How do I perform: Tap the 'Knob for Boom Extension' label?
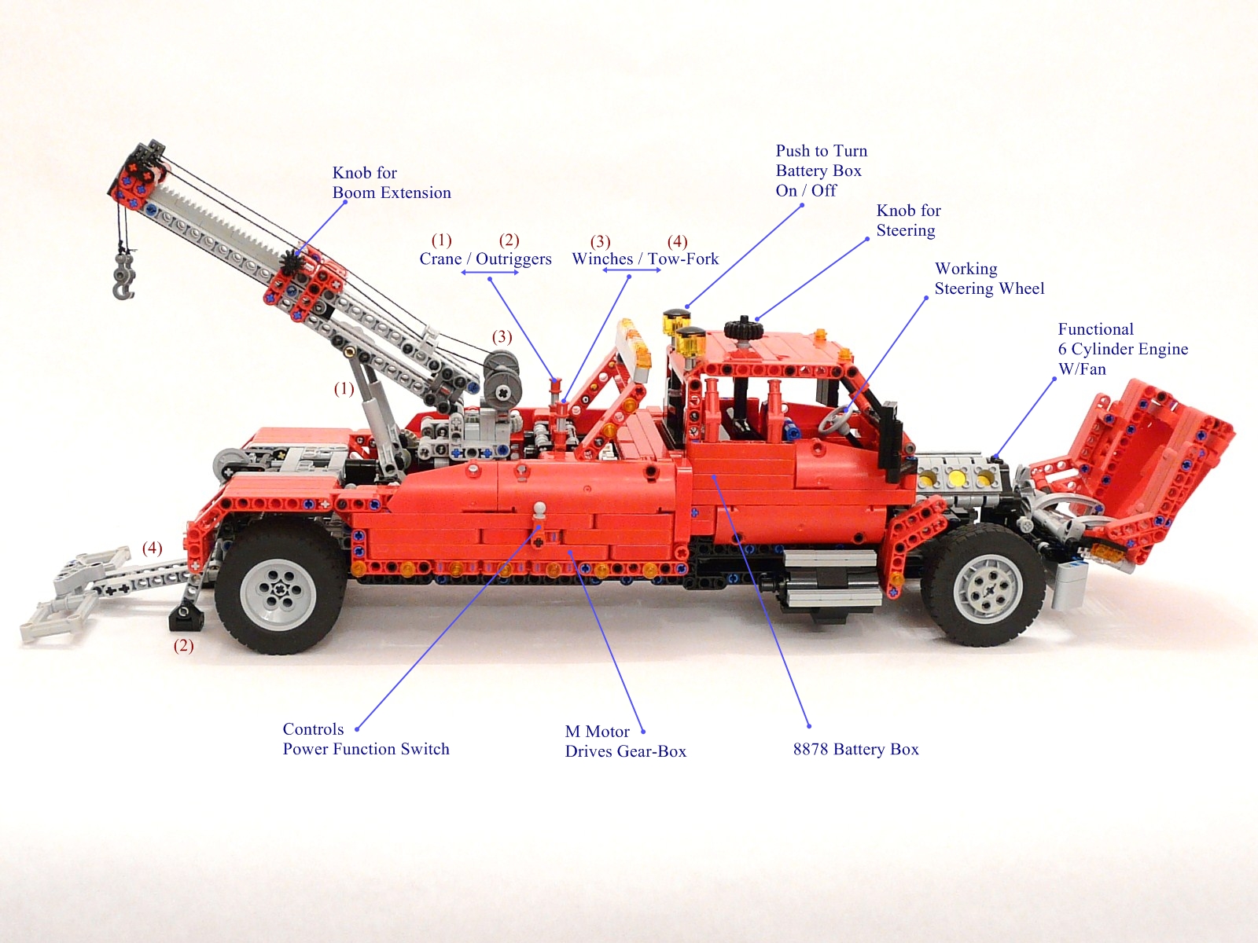[x=391, y=183]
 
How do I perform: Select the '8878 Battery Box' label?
[x=855, y=749]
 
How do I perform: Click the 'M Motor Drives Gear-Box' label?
[x=625, y=741]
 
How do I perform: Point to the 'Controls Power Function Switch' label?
[x=366, y=739]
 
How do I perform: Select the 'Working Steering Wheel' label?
[x=988, y=279]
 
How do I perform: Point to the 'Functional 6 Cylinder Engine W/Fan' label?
[x=1122, y=349]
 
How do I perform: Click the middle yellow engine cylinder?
[x=957, y=476]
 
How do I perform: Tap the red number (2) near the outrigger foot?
[x=183, y=646]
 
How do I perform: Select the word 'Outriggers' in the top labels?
[x=513, y=259]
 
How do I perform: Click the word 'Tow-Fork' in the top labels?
[x=682, y=259]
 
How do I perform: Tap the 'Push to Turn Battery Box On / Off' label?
[x=821, y=171]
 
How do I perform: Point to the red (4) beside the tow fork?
[x=152, y=548]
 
